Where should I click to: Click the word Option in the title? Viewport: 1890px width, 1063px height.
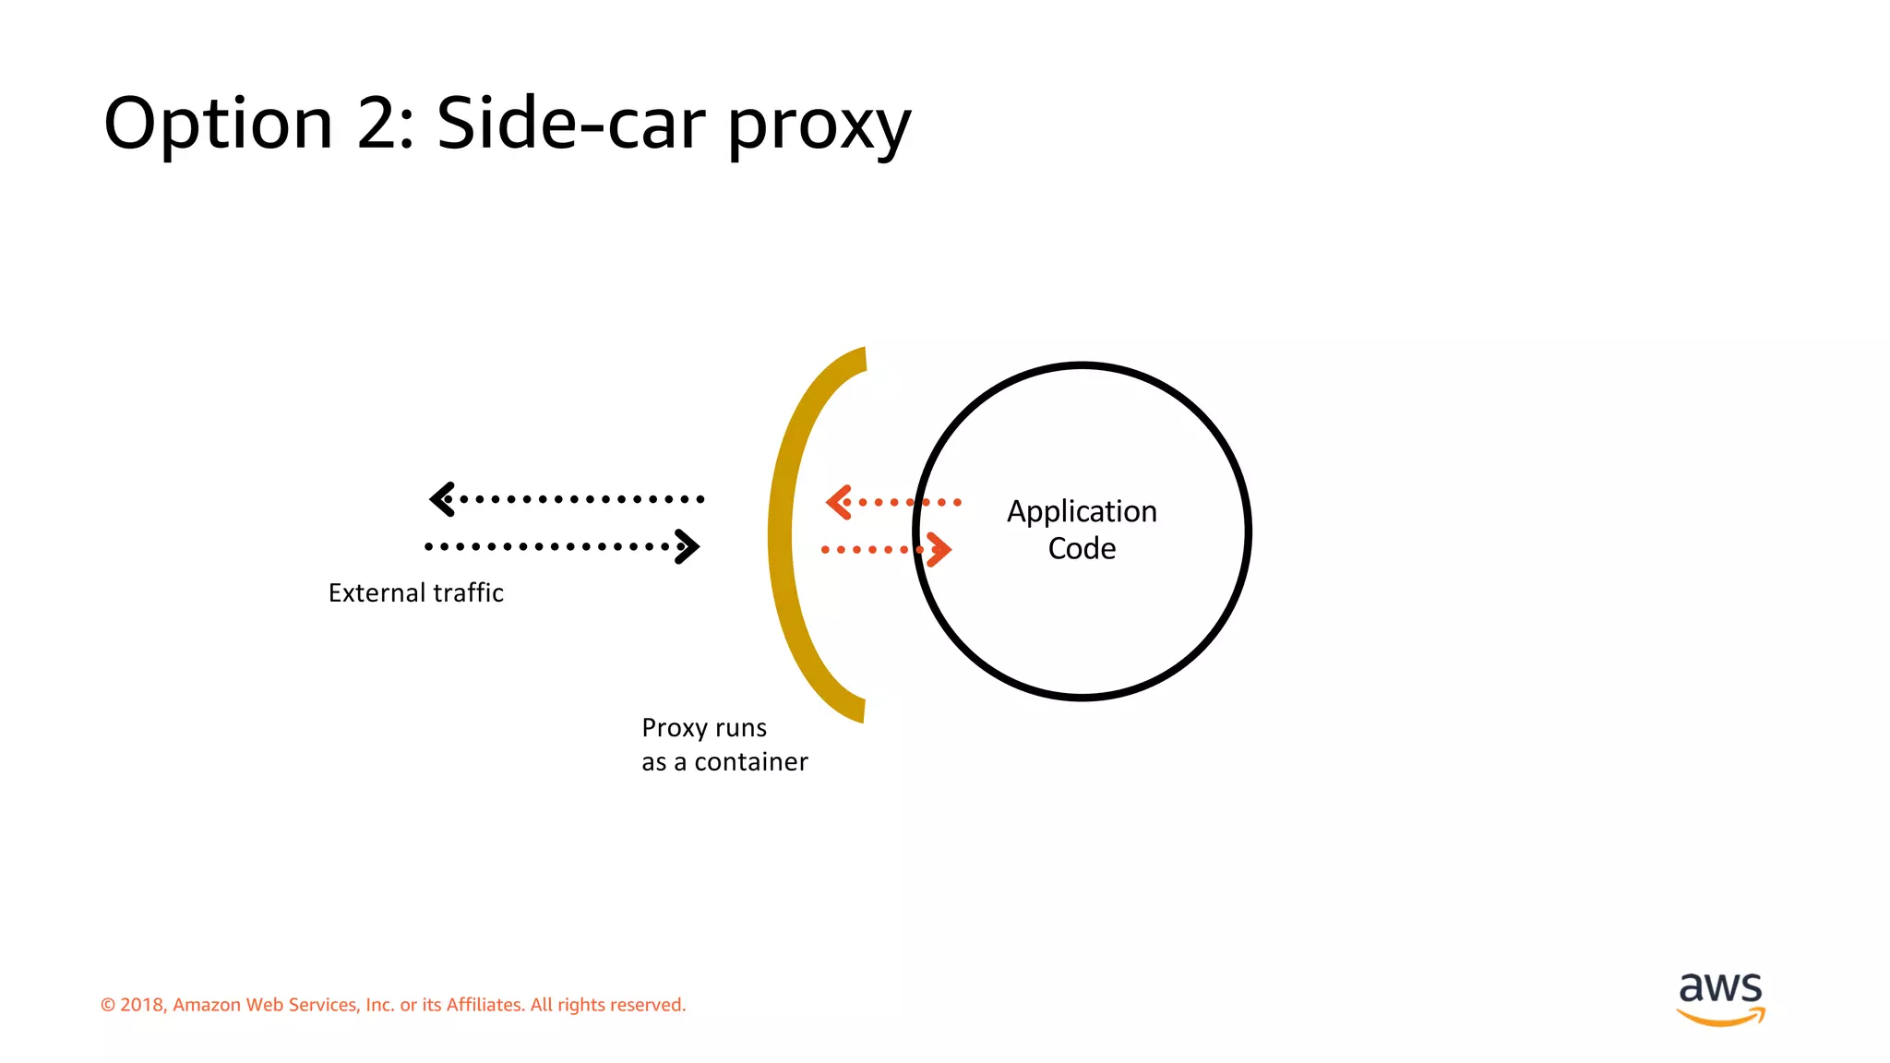[218, 124]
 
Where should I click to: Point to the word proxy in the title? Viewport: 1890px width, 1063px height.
[819, 127]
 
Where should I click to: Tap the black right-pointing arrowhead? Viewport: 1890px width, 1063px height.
[688, 546]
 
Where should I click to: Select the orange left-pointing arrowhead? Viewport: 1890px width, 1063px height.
[838, 502]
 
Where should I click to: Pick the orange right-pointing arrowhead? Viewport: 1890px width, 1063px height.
[939, 550]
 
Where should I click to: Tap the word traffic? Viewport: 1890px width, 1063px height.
[467, 592]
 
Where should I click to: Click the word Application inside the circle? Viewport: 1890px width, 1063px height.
[1082, 512]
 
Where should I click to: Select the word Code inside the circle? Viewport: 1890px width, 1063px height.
[1082, 549]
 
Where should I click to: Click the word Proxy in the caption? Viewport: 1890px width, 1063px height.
[674, 729]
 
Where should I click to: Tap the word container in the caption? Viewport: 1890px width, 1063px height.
[751, 762]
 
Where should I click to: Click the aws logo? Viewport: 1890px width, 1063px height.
[1720, 997]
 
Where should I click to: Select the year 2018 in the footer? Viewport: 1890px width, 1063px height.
[141, 1005]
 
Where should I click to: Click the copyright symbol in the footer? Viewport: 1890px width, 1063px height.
[108, 1005]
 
